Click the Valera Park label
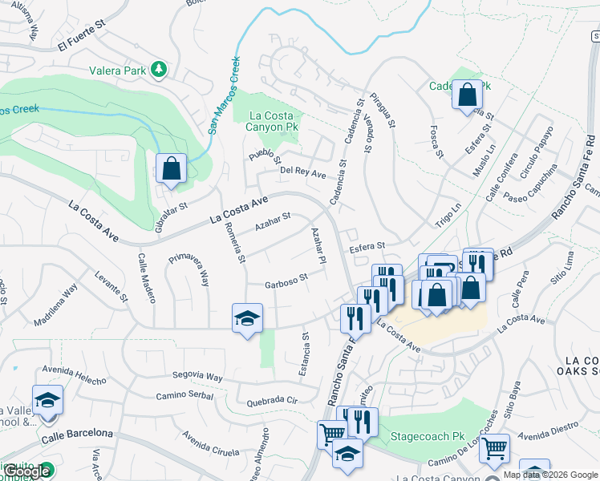[x=118, y=71]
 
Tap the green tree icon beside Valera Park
[x=159, y=70]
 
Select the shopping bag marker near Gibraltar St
[x=172, y=169]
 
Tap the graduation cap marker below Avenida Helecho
[x=47, y=400]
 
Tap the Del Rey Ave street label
[x=303, y=172]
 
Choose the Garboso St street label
[x=287, y=280]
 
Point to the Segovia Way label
[x=200, y=375]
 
